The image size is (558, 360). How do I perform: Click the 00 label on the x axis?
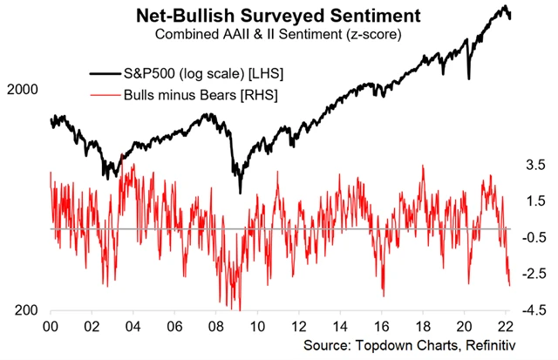point(51,329)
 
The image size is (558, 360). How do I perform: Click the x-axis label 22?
point(505,329)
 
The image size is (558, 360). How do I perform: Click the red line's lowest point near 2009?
point(239,309)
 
